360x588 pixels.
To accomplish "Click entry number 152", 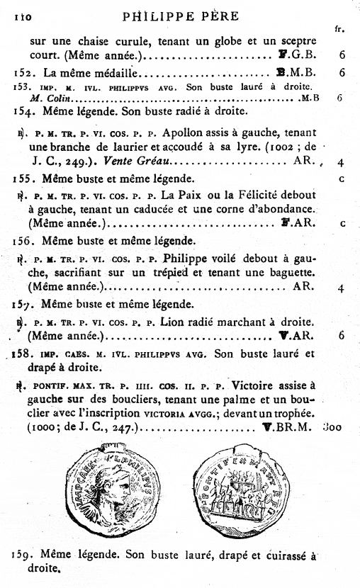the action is [26, 72].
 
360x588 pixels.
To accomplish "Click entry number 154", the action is [26, 112].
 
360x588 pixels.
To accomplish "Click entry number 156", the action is [26, 239].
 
